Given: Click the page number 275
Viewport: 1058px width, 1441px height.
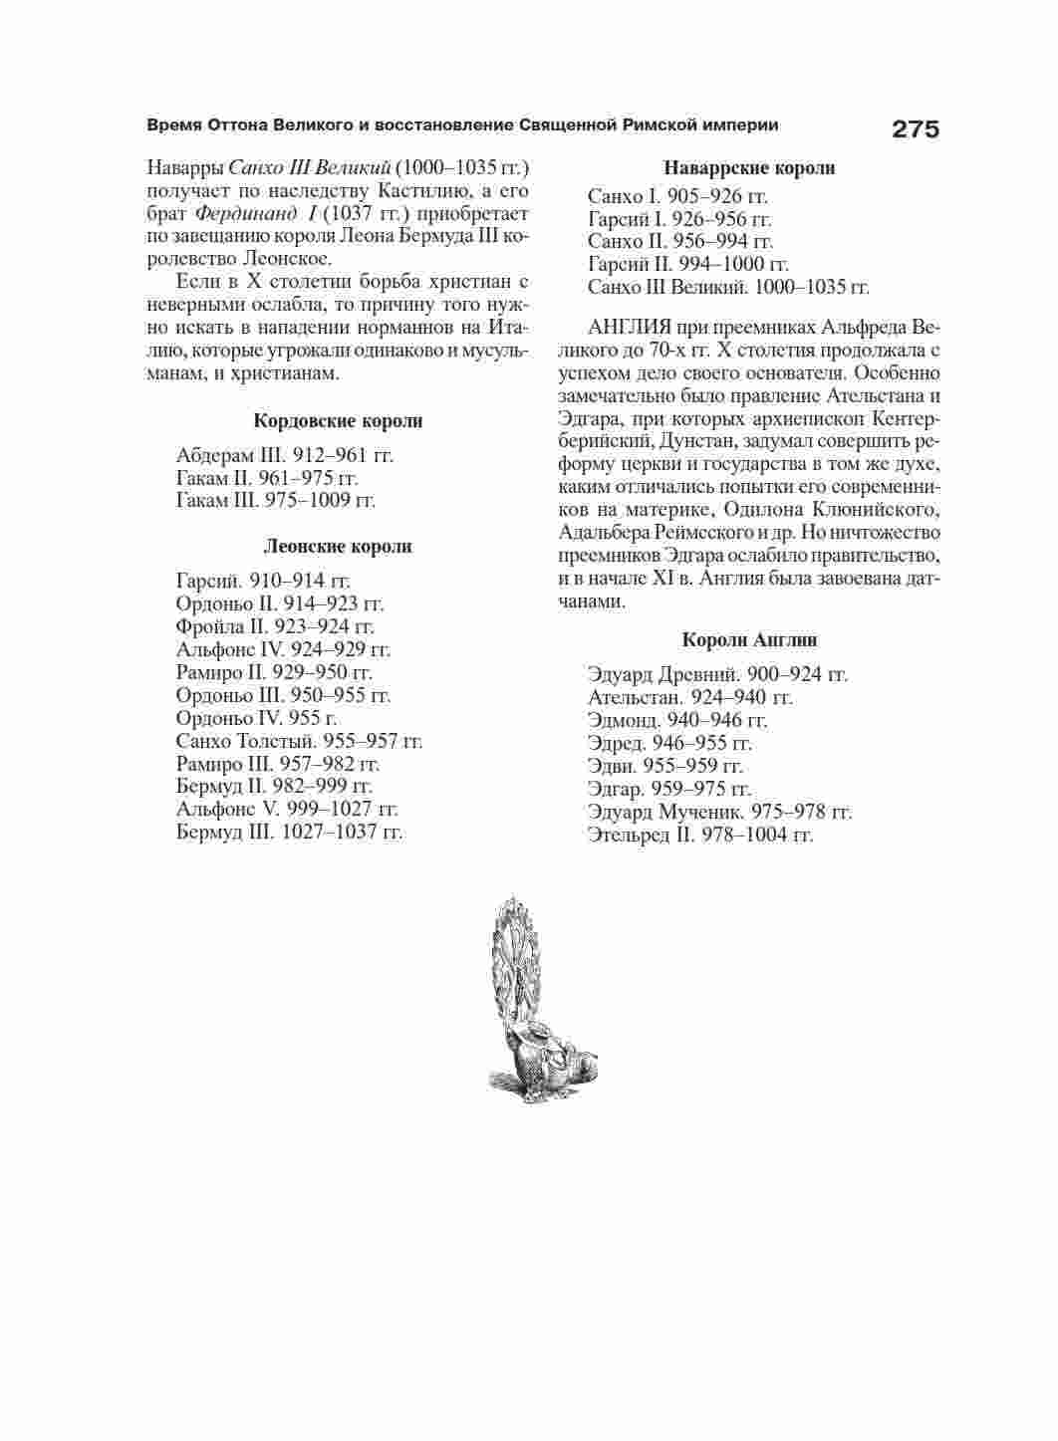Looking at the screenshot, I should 916,128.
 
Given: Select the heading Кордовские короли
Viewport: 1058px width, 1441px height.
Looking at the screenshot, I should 338,421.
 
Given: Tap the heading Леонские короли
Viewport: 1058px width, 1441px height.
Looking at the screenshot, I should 338,547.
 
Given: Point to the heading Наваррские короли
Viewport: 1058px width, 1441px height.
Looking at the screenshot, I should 749,168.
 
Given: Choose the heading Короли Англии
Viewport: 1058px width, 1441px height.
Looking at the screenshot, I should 749,640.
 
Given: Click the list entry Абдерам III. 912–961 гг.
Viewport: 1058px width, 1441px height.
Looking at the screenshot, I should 285,456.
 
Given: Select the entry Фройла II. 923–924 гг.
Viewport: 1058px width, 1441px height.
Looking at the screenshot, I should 275,627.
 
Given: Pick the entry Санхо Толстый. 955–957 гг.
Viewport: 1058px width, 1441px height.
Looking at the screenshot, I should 299,742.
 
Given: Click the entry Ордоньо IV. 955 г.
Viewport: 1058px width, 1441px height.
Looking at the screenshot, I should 257,719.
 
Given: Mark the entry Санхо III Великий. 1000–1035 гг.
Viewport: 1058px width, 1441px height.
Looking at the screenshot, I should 728,288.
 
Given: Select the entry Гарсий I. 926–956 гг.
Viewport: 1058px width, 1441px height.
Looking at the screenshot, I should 679,219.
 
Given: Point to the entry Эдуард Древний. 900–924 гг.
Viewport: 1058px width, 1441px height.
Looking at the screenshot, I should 717,675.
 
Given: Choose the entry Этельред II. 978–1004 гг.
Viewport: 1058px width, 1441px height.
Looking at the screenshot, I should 700,836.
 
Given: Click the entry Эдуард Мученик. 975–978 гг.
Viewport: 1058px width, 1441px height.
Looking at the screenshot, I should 719,813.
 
